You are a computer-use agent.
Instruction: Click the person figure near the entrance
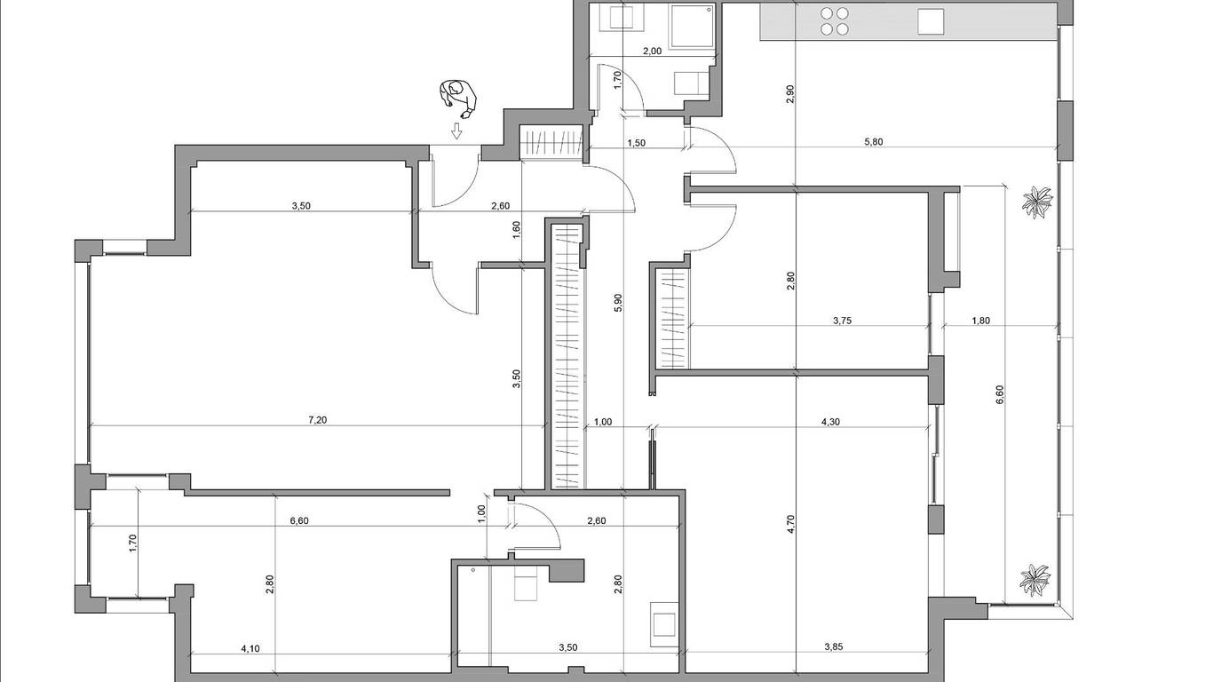[x=458, y=99]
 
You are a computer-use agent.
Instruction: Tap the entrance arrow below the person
[x=457, y=131]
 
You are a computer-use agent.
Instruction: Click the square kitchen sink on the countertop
[x=931, y=21]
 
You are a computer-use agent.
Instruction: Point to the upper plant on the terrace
[x=1037, y=202]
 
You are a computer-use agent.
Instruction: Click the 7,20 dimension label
[x=317, y=419]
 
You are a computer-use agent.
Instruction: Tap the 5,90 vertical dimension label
[x=618, y=302]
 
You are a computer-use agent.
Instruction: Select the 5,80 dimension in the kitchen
[x=874, y=142]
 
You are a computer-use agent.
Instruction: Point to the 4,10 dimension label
[x=250, y=648]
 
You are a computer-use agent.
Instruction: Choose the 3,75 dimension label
[x=842, y=321]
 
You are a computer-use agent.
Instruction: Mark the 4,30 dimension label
[x=830, y=422]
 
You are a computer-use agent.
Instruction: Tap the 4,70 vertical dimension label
[x=790, y=524]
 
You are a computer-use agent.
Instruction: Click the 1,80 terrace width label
[x=980, y=321]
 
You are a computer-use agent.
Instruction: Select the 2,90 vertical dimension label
[x=790, y=94]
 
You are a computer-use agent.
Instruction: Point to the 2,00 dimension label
[x=652, y=51]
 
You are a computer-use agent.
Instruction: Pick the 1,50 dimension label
[x=637, y=142]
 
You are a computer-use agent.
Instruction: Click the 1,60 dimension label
[x=516, y=230]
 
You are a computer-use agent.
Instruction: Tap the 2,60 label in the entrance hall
[x=500, y=206]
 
